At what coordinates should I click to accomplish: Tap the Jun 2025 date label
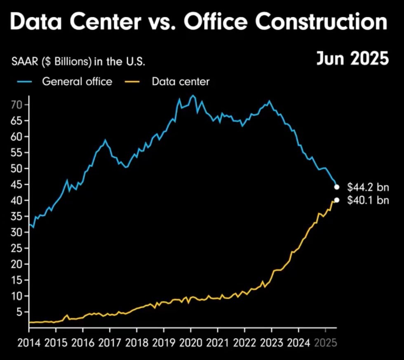(352, 59)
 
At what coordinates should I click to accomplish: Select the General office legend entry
(77, 82)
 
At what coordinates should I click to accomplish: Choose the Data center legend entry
(180, 82)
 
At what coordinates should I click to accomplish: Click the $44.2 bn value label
(368, 187)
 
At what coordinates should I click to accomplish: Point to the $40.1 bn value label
(368, 201)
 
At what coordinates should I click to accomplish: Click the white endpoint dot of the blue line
(337, 187)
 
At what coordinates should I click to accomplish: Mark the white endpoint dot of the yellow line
(337, 200)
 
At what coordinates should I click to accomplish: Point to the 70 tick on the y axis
(16, 105)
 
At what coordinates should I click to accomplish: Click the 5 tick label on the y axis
(19, 312)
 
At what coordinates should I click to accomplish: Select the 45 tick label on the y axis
(16, 185)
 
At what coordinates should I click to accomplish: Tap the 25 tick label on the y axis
(16, 248)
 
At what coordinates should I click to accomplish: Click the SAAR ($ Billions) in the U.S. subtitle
(78, 62)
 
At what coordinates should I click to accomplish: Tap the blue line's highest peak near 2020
(193, 96)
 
